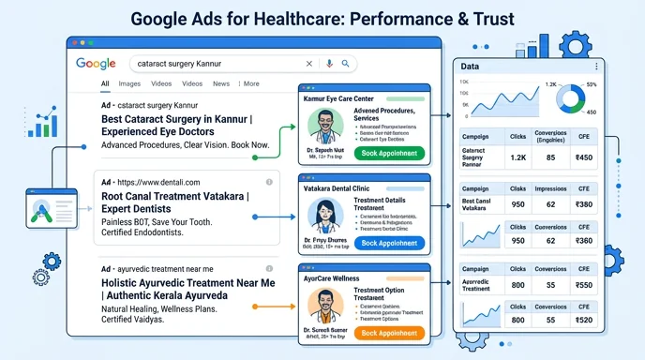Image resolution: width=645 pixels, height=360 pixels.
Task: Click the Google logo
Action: (96, 64)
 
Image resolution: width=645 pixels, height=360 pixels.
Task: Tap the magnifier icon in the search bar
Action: (345, 64)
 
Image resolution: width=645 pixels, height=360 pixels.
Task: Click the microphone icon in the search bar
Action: (329, 64)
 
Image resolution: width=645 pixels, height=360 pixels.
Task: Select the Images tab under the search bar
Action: (129, 84)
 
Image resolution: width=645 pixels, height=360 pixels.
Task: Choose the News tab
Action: (221, 84)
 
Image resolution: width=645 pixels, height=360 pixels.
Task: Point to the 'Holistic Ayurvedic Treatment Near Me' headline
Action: (187, 282)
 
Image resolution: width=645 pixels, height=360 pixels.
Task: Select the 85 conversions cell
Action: (548, 157)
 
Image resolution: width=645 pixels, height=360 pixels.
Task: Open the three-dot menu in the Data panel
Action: (596, 67)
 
